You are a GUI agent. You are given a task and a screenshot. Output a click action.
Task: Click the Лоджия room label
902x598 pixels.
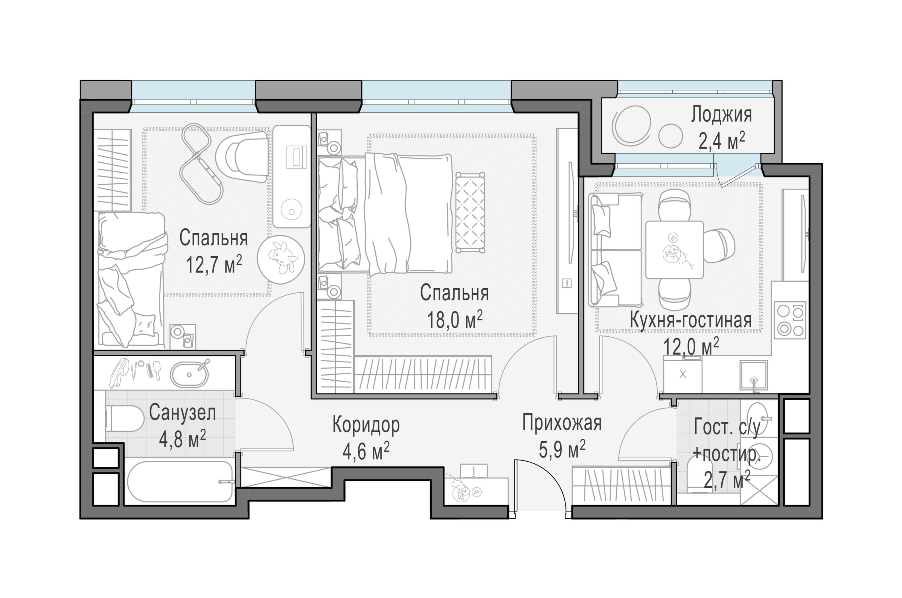point(721,115)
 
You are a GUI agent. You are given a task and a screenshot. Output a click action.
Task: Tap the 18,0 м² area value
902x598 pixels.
point(455,319)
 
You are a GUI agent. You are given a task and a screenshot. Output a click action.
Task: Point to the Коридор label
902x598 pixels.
point(366,425)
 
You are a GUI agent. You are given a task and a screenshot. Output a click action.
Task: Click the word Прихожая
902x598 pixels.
point(562,422)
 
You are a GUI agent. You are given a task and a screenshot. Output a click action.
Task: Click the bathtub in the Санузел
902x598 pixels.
point(180,482)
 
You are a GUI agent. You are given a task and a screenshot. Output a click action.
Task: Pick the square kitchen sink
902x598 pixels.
point(754,375)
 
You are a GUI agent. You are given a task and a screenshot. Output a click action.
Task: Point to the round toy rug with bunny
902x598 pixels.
point(281,259)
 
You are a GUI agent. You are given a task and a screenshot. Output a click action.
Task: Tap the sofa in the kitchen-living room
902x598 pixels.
point(615,250)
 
